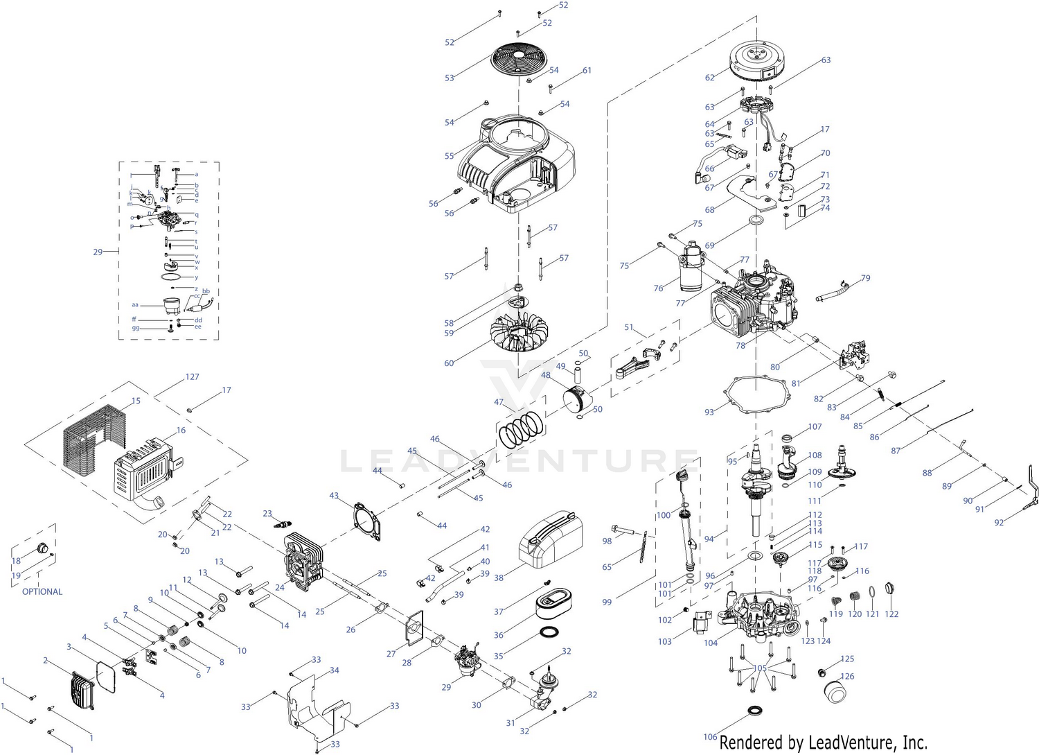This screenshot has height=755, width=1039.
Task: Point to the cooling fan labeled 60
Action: [519, 336]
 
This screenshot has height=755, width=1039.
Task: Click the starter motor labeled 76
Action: [692, 267]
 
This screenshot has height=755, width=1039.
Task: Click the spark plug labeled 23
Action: [284, 523]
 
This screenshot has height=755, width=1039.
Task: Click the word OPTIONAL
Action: [42, 591]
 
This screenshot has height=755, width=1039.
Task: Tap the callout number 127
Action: [192, 377]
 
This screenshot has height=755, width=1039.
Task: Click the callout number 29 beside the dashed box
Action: [98, 252]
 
